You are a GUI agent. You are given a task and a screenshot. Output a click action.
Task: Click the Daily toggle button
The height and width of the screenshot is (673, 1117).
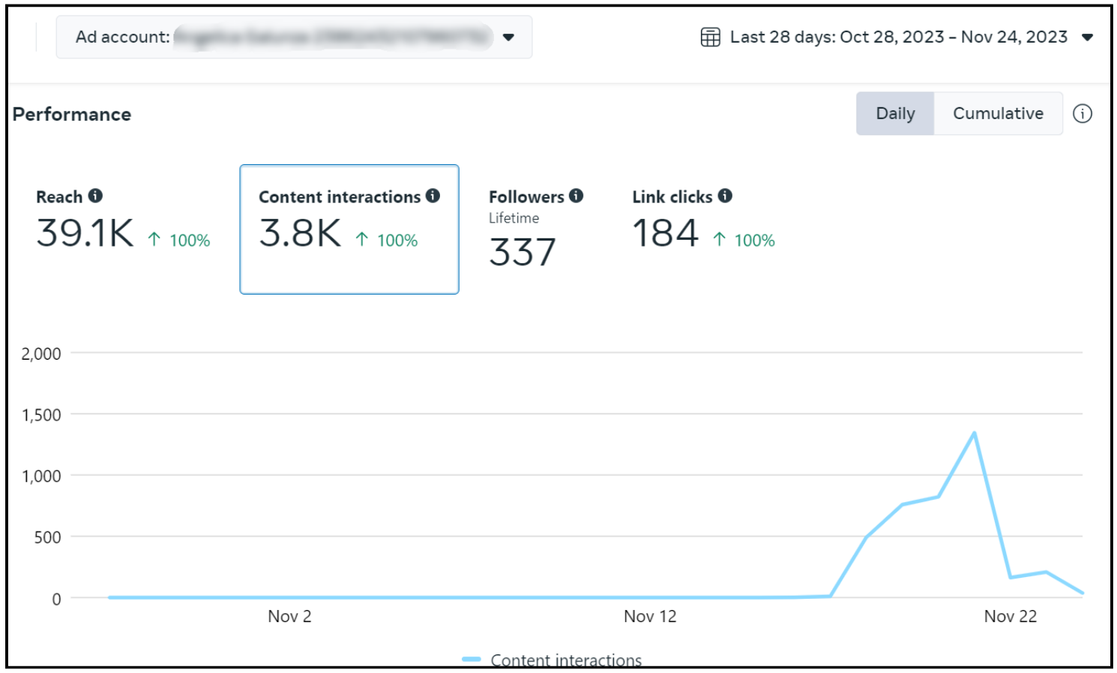pos(895,114)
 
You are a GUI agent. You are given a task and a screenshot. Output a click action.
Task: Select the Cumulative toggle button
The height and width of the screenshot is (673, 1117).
pos(998,114)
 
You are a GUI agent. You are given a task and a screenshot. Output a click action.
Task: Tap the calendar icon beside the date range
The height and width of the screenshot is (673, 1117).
pos(710,37)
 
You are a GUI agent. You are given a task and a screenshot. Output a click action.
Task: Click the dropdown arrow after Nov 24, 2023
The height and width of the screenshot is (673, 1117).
pos(1088,37)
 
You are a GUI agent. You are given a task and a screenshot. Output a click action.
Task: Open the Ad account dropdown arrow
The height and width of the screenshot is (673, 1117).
pos(508,37)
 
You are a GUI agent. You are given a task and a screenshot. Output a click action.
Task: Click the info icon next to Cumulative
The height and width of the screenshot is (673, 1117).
pos(1082,114)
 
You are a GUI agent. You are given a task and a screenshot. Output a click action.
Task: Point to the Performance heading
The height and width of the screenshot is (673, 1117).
pos(72,115)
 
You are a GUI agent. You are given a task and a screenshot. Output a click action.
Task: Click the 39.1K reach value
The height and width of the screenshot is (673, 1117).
pos(85,233)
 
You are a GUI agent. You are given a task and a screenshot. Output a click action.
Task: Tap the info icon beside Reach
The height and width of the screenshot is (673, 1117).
pos(95,196)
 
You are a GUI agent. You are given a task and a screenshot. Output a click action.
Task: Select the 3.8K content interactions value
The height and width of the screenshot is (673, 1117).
pos(300,233)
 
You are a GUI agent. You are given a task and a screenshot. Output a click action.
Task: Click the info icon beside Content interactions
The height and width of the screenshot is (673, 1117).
pos(433,196)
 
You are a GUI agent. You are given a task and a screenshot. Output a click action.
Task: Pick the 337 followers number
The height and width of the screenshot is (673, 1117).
pos(523,253)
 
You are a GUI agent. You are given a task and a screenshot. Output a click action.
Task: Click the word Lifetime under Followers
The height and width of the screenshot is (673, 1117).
pos(514,218)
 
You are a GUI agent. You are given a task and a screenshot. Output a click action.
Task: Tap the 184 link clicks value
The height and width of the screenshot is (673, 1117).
pos(665,233)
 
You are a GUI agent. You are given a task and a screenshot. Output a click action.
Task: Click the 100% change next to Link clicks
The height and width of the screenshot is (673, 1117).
pos(754,241)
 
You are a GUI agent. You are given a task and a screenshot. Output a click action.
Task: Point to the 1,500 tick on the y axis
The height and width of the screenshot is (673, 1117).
pos(41,415)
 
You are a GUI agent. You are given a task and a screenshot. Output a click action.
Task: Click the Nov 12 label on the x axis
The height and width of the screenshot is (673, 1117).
pos(650,617)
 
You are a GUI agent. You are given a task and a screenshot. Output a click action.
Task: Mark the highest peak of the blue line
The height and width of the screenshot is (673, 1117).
pos(974,433)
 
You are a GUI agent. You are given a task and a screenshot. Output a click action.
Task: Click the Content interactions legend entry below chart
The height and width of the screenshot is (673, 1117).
pos(565,660)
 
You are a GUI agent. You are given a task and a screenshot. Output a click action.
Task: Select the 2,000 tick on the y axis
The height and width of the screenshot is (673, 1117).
pos(41,354)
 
